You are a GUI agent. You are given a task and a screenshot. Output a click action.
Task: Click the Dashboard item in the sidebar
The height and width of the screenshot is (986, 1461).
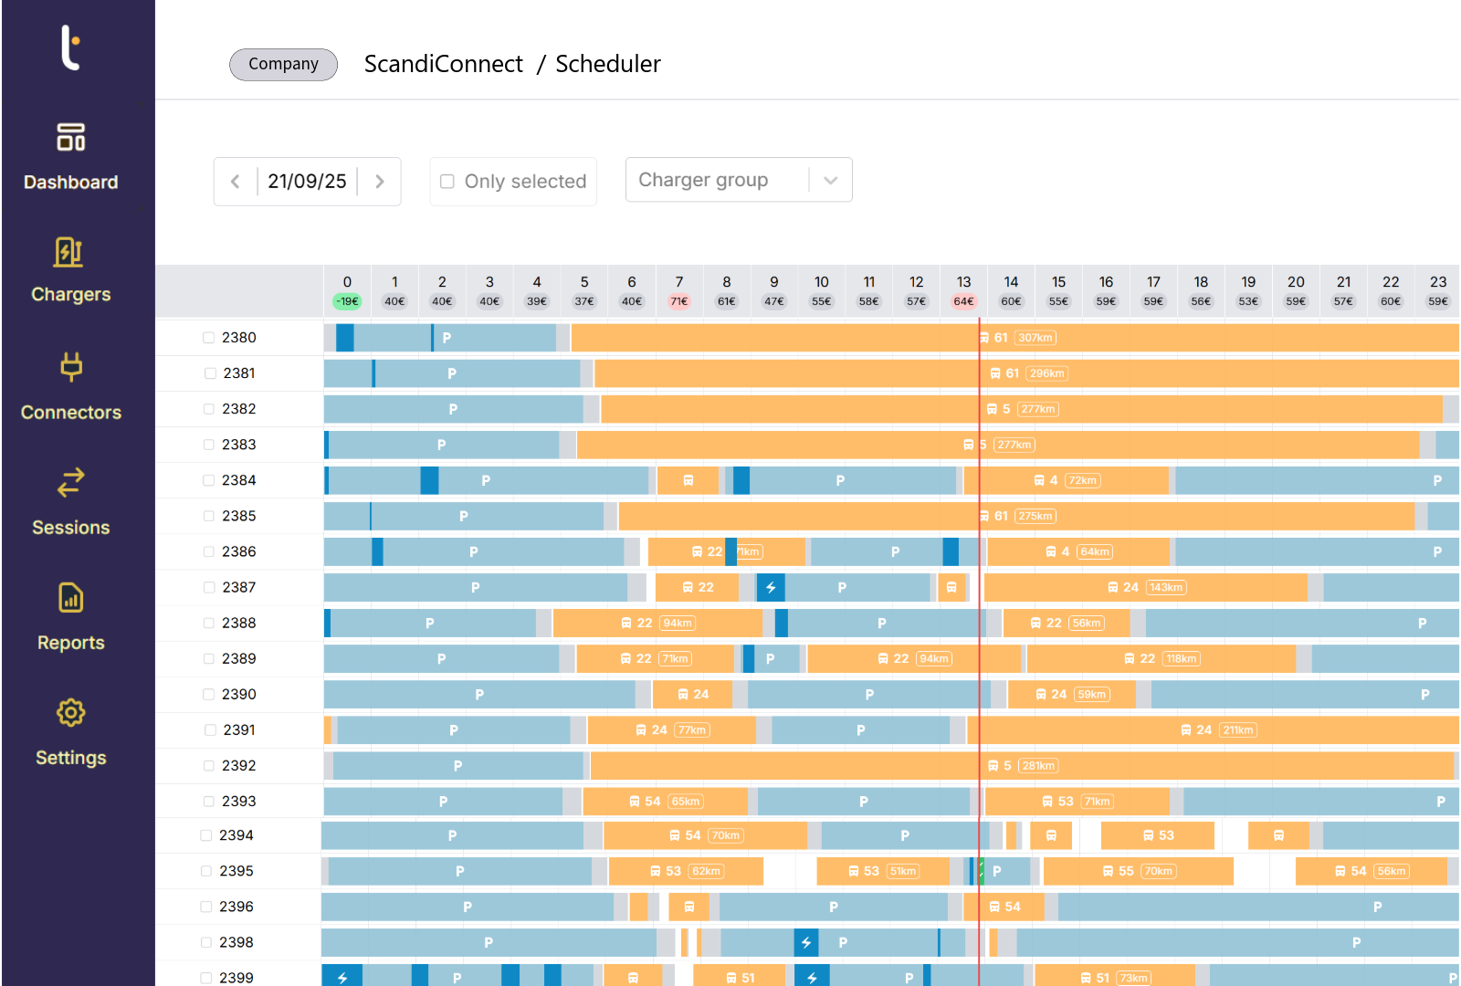70,157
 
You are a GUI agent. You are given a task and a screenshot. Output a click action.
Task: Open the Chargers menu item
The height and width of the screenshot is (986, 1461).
70,270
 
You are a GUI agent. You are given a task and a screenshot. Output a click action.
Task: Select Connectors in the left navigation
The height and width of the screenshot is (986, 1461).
70,387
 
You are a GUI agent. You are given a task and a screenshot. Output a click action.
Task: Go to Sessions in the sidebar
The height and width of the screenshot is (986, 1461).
70,502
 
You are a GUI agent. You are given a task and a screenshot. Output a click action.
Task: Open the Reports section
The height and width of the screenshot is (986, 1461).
70,617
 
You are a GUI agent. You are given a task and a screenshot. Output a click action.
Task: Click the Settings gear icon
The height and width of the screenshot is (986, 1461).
70,713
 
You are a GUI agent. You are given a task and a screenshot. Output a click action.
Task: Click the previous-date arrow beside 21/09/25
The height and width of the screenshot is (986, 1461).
236,182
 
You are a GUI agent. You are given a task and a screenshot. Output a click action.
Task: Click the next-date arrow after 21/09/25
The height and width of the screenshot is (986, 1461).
380,182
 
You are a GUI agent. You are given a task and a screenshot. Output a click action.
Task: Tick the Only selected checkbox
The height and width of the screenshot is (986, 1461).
447,182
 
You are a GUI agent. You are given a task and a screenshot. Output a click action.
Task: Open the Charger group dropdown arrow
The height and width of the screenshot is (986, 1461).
830,181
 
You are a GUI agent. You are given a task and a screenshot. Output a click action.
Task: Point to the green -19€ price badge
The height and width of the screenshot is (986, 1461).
347,301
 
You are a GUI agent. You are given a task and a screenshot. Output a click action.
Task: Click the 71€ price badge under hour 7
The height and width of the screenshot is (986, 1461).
679,301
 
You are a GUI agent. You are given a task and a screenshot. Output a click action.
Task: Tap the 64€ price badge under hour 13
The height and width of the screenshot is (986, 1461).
963,301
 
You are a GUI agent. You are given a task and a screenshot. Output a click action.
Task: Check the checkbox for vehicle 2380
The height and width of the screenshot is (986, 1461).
209,338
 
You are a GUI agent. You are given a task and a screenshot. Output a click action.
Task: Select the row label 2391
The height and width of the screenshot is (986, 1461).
239,730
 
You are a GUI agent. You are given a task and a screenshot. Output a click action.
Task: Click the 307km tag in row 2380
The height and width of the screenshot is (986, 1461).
1035,338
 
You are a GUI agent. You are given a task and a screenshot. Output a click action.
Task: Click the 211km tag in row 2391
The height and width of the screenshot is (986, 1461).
1238,730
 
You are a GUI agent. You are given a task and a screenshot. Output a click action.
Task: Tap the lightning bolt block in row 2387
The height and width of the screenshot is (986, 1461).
771,588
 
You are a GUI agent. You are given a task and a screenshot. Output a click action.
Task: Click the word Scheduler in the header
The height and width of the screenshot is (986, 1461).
608,64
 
